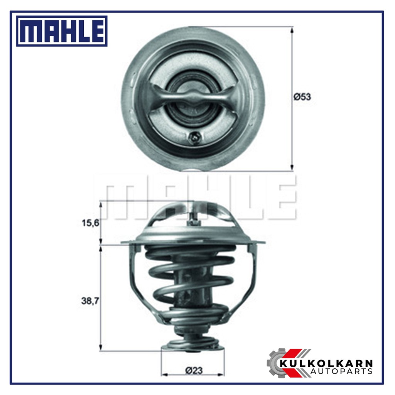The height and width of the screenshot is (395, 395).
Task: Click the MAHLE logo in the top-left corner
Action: tap(62, 31)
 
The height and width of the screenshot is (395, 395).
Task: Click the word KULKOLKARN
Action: tap(326, 363)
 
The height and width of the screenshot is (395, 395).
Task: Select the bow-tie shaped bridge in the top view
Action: tap(193, 97)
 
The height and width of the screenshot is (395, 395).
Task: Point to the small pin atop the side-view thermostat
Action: tap(194, 220)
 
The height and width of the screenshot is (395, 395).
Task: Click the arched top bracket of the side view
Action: tap(193, 210)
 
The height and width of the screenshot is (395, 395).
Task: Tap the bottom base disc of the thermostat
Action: tap(192, 347)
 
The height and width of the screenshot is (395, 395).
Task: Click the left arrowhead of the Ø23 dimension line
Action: tap(164, 375)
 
